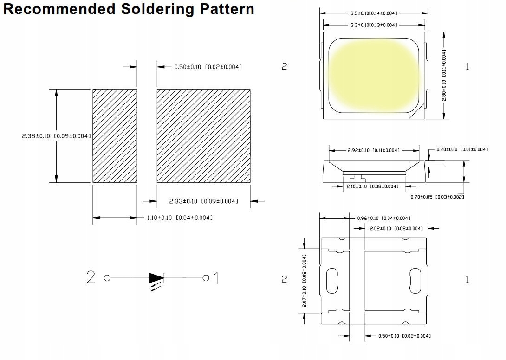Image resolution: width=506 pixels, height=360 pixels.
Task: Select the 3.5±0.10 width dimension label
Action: point(374,13)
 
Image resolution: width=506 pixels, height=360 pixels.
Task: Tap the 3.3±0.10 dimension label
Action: point(374,25)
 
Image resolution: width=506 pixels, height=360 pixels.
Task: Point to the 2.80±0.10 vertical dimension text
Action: point(444,75)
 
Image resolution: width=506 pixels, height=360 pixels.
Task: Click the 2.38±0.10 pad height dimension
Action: point(57,136)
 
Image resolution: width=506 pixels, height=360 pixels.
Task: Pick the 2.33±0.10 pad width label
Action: point(204,201)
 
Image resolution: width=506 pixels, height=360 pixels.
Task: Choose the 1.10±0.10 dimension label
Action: point(180,218)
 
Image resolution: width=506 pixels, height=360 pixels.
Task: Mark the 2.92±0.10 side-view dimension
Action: point(373,150)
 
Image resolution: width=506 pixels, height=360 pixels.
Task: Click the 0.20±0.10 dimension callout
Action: point(462,149)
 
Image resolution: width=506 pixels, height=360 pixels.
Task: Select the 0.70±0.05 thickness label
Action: point(437,197)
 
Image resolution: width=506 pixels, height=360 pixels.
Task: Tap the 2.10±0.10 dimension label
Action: point(372,186)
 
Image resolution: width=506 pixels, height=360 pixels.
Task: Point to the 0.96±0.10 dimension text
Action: point(384,219)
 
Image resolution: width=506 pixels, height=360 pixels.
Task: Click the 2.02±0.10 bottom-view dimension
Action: point(396,228)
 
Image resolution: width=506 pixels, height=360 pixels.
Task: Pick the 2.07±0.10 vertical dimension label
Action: point(305,281)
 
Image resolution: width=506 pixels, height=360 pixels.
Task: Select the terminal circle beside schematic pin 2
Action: point(107,278)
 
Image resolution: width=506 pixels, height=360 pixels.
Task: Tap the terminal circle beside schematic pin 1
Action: point(206,278)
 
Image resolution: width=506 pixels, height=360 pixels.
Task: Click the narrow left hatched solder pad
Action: point(115,136)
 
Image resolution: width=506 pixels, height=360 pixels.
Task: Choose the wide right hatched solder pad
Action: point(204,136)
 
